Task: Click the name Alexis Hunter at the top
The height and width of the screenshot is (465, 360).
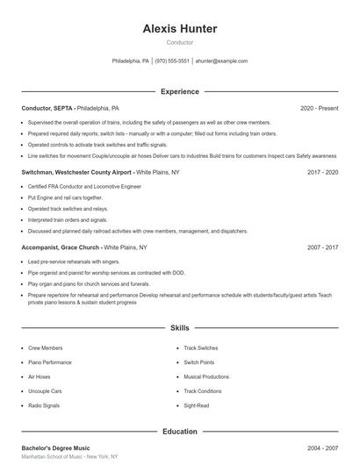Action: [x=179, y=29]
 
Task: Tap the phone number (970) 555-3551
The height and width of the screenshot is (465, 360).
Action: [x=172, y=61]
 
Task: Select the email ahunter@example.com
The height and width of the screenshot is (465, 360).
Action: [x=221, y=61]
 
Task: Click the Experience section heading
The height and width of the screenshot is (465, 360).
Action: [x=179, y=91]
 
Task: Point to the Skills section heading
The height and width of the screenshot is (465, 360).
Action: [x=179, y=328]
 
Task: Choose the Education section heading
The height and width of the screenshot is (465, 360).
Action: [x=179, y=432]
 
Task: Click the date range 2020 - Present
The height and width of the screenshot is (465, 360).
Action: [x=319, y=108]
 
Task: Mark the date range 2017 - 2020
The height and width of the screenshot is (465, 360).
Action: [x=322, y=173]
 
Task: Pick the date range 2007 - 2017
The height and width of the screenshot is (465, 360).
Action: [x=322, y=248]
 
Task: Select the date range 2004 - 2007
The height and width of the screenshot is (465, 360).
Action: [x=322, y=447]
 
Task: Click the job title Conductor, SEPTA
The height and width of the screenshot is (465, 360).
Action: [x=47, y=108]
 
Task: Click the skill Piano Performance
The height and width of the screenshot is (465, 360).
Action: [x=50, y=362]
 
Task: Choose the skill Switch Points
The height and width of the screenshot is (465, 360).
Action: [x=198, y=362]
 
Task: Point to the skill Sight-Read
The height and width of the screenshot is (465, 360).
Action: [x=196, y=406]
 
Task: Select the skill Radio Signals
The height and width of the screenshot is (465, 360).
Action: [x=44, y=406]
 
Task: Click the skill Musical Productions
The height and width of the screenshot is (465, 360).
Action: [x=205, y=376]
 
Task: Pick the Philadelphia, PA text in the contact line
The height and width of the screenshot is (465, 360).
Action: [x=131, y=61]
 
